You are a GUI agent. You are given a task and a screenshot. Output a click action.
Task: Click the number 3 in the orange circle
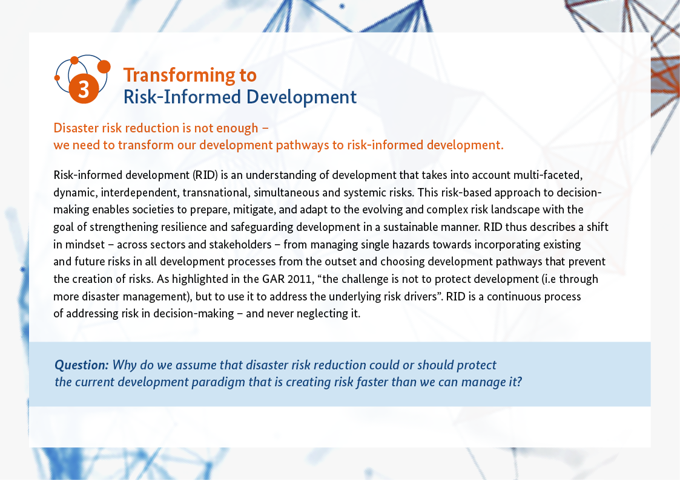point(84,89)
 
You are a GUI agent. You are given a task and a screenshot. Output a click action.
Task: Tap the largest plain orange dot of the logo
point(104,66)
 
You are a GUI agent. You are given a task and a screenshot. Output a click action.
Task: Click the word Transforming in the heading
point(179,76)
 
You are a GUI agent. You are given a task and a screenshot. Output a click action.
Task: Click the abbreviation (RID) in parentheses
point(205,175)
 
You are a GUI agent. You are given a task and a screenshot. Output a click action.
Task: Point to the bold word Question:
point(82,365)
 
